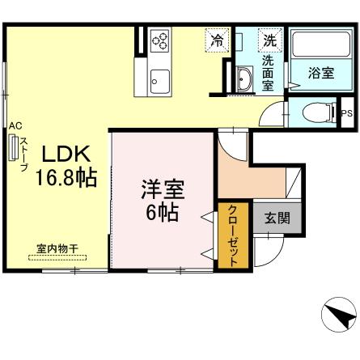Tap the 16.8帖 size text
tap(65, 177)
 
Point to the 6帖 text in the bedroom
tap(163, 214)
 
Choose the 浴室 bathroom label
tap(320, 73)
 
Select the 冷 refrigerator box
tap(217, 39)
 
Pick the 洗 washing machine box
tap(269, 39)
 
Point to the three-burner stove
tap(159, 40)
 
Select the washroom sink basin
tap(244, 78)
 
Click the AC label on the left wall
tap(15, 125)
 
